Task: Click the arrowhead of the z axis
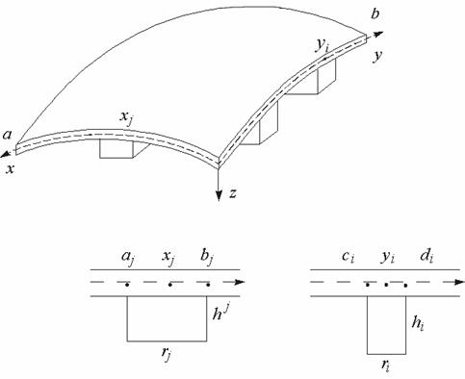click(219, 195)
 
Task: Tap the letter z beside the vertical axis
click(233, 193)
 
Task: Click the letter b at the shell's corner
click(375, 14)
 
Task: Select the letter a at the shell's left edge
click(7, 135)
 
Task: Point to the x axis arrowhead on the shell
click(5, 155)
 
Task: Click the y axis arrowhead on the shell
click(379, 34)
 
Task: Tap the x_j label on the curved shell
click(126, 118)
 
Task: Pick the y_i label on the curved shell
click(322, 46)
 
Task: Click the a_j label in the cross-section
click(128, 259)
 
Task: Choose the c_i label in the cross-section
click(348, 258)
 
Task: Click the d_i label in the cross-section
click(426, 257)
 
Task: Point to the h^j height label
click(221, 313)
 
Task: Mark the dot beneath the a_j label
click(127, 285)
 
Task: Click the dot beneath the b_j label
click(208, 285)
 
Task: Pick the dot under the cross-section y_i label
click(386, 285)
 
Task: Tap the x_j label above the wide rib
click(168, 259)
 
